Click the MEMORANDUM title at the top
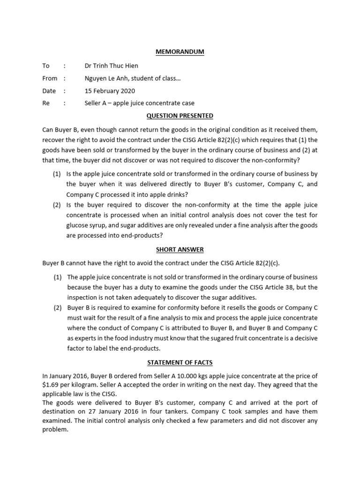(x=180, y=52)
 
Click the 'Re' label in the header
(x=46, y=103)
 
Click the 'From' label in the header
(x=50, y=78)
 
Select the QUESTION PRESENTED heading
(x=180, y=116)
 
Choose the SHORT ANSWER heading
(x=180, y=249)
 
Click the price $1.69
(x=51, y=384)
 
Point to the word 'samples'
(x=244, y=412)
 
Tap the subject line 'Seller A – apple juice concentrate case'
(x=139, y=103)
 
